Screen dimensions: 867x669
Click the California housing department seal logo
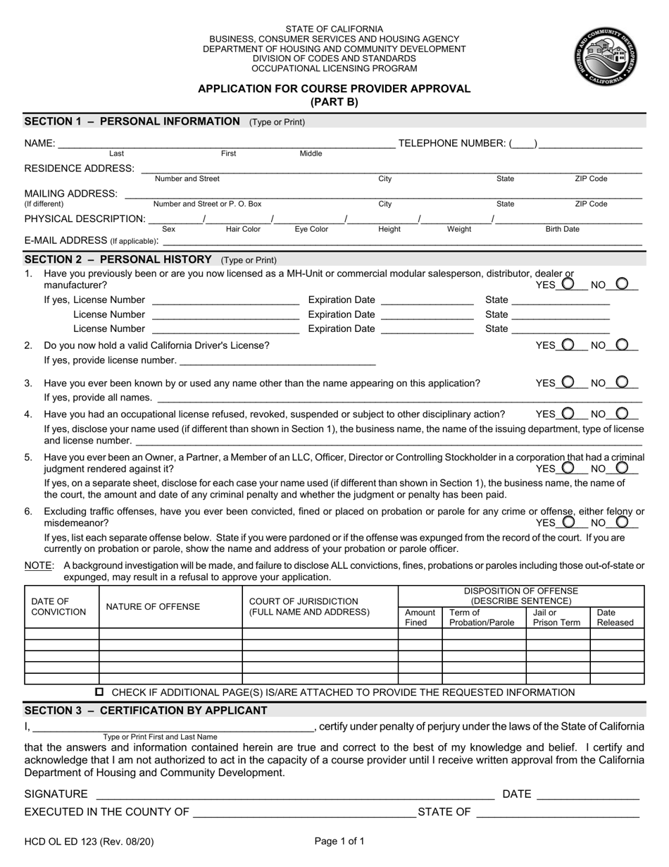pyautogui.click(x=606, y=56)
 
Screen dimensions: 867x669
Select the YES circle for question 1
pyautogui.click(x=568, y=284)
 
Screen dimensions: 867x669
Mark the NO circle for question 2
pyautogui.click(x=622, y=345)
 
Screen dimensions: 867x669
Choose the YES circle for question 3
pyautogui.click(x=568, y=382)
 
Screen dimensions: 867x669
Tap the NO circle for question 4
pyautogui.click(x=622, y=414)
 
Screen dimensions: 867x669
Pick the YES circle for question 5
pyautogui.click(x=568, y=468)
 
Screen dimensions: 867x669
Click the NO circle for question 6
pyautogui.click(x=622, y=522)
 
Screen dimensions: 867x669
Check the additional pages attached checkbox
pyautogui.click(x=99, y=692)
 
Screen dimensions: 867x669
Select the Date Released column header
pyautogui.click(x=615, y=617)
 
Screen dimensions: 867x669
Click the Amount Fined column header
pyautogui.click(x=420, y=617)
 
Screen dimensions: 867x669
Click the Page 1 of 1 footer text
pyautogui.click(x=339, y=841)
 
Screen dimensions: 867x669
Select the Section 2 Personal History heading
pyautogui.click(x=118, y=259)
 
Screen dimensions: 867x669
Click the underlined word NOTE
pyautogui.click(x=38, y=565)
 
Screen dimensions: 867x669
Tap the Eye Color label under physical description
pyautogui.click(x=311, y=229)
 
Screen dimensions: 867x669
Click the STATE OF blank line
pyautogui.click(x=558, y=812)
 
